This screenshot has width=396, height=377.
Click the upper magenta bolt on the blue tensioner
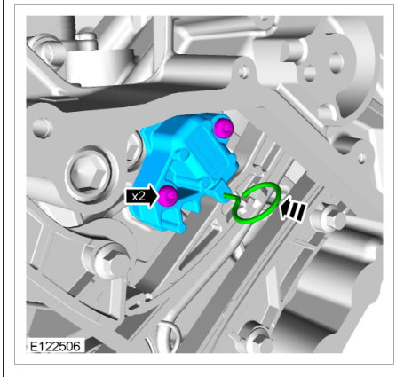[224, 128]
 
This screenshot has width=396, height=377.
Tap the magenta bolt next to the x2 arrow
[168, 196]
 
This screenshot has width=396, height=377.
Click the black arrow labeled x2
[141, 196]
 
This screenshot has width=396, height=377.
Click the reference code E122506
[55, 346]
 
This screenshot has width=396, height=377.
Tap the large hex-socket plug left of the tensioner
[90, 173]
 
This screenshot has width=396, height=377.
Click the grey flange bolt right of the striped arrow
[329, 218]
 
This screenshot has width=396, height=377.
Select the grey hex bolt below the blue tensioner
[110, 259]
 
